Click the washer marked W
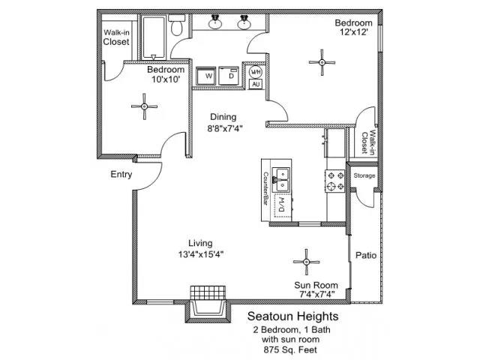pyautogui.click(x=205, y=76)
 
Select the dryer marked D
pyautogui.click(x=228, y=75)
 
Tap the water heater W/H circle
pyautogui.click(x=256, y=72)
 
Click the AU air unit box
pyautogui.click(x=256, y=84)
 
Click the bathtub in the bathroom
pyautogui.click(x=154, y=37)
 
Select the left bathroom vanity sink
pyautogui.click(x=215, y=22)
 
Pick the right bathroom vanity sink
pyautogui.click(x=244, y=22)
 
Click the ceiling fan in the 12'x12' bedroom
pyautogui.click(x=322, y=62)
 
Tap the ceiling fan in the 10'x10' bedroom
pyautogui.click(x=145, y=106)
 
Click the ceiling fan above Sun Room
pyautogui.click(x=307, y=262)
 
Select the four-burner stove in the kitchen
pyautogui.click(x=335, y=181)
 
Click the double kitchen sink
pyautogui.click(x=281, y=180)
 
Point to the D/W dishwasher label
pyautogui.click(x=282, y=205)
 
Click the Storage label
pyautogui.click(x=364, y=175)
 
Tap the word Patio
pyautogui.click(x=366, y=255)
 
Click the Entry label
pyautogui.click(x=121, y=175)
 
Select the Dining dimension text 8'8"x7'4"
pyautogui.click(x=225, y=128)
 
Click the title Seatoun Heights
pyautogui.click(x=293, y=316)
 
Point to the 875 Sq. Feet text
pyautogui.click(x=290, y=349)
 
